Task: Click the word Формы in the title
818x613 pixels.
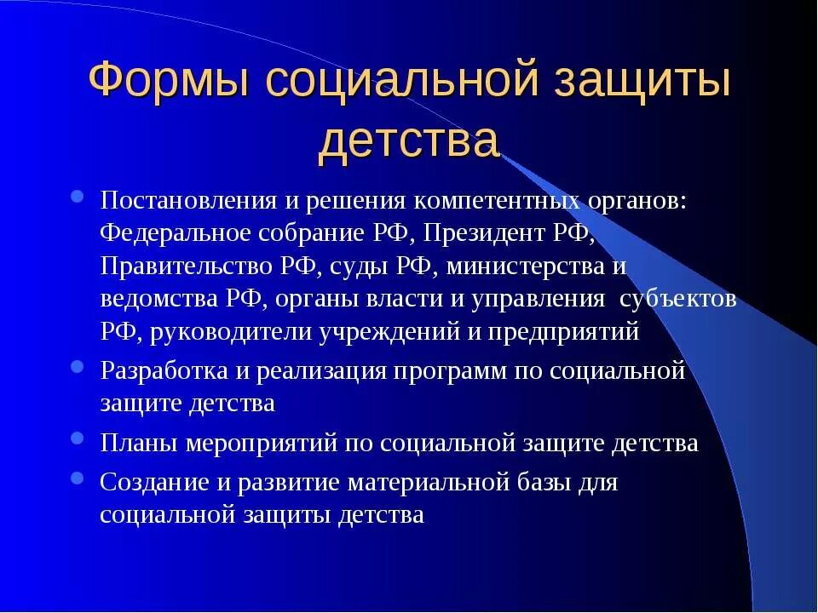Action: pyautogui.click(x=169, y=83)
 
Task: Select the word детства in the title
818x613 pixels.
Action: pyautogui.click(x=408, y=140)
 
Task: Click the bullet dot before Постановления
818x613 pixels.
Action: pyautogui.click(x=78, y=198)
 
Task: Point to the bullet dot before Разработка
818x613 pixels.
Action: pyautogui.click(x=78, y=369)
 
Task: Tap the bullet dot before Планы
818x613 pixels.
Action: pyautogui.click(x=78, y=440)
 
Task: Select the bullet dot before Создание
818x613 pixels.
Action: pyautogui.click(x=78, y=478)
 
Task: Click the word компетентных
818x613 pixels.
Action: pyautogui.click(x=499, y=201)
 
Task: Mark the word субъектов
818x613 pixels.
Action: pyautogui.click(x=678, y=300)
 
